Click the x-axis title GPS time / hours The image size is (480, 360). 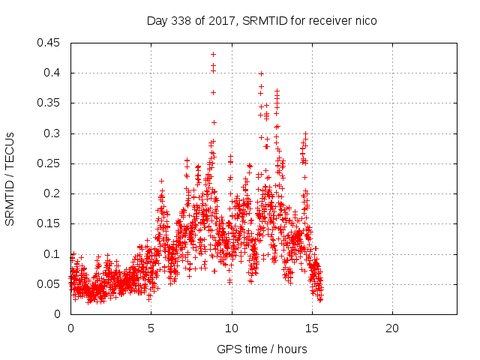point(262,349)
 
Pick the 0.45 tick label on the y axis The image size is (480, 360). point(50,43)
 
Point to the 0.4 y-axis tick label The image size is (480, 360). point(53,73)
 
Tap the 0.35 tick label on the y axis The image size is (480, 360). point(50,103)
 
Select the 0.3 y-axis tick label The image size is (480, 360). point(53,133)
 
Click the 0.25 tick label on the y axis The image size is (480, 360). point(50,163)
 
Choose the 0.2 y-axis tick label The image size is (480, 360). point(53,193)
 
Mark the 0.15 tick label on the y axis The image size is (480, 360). point(50,223)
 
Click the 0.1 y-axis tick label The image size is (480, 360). point(53,254)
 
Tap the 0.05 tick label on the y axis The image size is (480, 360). point(50,284)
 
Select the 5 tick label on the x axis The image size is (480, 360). point(151,328)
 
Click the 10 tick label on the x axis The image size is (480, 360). point(232,328)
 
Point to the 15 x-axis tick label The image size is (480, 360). point(312,328)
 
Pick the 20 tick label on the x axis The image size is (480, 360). point(392,328)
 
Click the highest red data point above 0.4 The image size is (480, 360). point(214,54)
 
